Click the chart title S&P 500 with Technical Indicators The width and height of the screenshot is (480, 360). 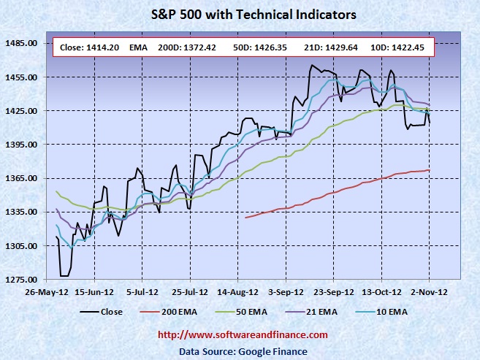click(243, 14)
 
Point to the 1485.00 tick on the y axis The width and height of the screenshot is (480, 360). click(21, 43)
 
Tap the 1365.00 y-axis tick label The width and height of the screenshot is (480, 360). click(21, 178)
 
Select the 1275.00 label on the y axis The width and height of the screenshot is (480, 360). click(21, 280)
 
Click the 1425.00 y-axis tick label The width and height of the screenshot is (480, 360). click(21, 111)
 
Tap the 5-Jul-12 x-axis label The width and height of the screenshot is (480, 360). click(142, 291)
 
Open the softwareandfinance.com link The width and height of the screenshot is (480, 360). click(243, 334)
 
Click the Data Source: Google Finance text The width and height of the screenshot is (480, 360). click(243, 351)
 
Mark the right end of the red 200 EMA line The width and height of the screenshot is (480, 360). click(429, 170)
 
